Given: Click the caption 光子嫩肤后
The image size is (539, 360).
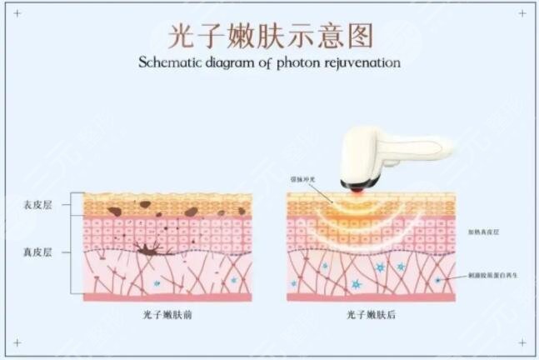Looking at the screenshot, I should pyautogui.click(x=370, y=315).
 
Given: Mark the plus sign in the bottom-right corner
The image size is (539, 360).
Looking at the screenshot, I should pyautogui.click(x=522, y=342).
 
